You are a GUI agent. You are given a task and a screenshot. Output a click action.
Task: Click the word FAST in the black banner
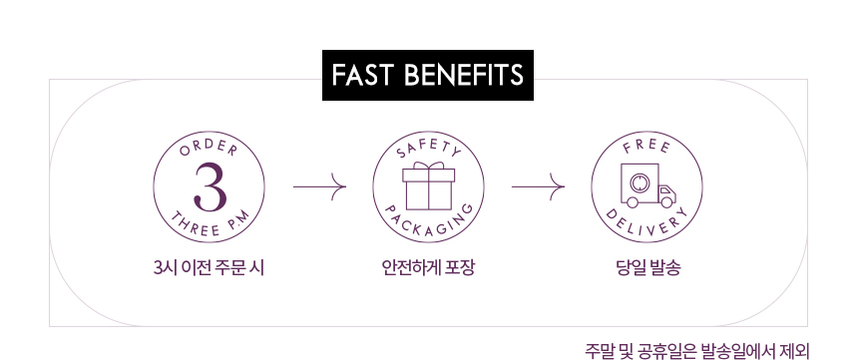pyautogui.click(x=362, y=75)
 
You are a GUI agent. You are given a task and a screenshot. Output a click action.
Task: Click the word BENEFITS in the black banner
pyautogui.click(x=464, y=75)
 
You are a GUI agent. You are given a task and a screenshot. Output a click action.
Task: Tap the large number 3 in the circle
pyautogui.click(x=210, y=187)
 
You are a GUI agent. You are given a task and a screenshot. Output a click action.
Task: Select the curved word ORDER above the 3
pyautogui.click(x=210, y=148)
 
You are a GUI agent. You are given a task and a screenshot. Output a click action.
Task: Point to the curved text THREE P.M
pyautogui.click(x=210, y=224)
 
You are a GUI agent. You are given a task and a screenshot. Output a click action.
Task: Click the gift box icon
pyautogui.click(x=428, y=186)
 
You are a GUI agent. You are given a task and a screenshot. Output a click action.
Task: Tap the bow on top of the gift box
pyautogui.click(x=428, y=166)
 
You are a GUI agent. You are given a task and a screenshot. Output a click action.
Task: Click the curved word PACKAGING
pyautogui.click(x=428, y=225)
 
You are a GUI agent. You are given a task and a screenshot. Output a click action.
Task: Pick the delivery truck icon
pyautogui.click(x=647, y=185)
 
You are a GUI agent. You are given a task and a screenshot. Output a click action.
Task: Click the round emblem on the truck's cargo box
pyautogui.click(x=640, y=182)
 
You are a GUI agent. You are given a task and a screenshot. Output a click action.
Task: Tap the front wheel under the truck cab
pyautogui.click(x=666, y=201)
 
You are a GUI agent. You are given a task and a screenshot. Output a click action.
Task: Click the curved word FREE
pyautogui.click(x=646, y=148)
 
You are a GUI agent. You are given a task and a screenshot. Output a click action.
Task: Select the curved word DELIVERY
pyautogui.click(x=646, y=225)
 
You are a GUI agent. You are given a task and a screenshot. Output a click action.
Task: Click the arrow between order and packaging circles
pyautogui.click(x=319, y=187)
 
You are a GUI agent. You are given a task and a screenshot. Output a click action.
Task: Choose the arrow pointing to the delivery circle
pyautogui.click(x=538, y=187)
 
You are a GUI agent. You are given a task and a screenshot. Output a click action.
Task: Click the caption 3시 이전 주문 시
pyautogui.click(x=210, y=268)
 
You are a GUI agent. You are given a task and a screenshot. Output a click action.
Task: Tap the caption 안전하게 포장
pyautogui.click(x=428, y=268)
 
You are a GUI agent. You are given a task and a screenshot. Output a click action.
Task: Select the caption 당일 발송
pyautogui.click(x=647, y=268)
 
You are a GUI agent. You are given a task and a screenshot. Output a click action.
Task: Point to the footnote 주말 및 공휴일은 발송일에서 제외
pyautogui.click(x=696, y=350)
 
